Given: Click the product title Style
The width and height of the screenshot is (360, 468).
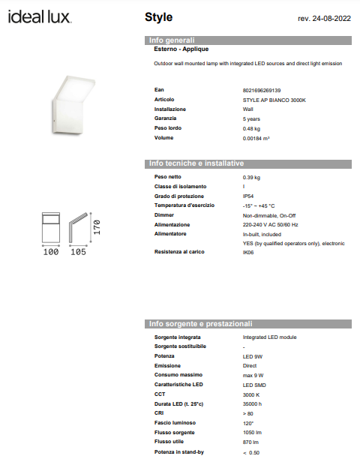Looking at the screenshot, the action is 158,16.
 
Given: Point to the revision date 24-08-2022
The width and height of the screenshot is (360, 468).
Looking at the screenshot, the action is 324,17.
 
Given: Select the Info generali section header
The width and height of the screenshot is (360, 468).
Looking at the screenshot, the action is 172,40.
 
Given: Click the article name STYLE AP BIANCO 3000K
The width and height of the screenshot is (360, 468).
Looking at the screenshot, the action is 274,100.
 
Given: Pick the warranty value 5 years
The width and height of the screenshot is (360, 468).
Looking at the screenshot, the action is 251,119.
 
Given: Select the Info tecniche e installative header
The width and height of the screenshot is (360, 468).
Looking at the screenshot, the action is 196,163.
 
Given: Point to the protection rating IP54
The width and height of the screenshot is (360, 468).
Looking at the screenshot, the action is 248,196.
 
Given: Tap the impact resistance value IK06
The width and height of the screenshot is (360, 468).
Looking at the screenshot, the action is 248,253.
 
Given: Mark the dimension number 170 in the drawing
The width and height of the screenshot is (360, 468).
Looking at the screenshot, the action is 96,228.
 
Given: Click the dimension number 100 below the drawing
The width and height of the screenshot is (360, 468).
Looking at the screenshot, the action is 50,253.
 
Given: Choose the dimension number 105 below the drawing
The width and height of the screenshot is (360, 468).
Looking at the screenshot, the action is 78,253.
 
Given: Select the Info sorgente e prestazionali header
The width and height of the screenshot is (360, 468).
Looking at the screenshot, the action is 201,324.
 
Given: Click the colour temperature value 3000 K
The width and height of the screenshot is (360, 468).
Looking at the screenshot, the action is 251,394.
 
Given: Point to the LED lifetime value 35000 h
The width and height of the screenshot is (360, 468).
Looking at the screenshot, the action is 252,404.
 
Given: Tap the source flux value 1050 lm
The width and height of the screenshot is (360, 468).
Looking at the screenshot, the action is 252,433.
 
